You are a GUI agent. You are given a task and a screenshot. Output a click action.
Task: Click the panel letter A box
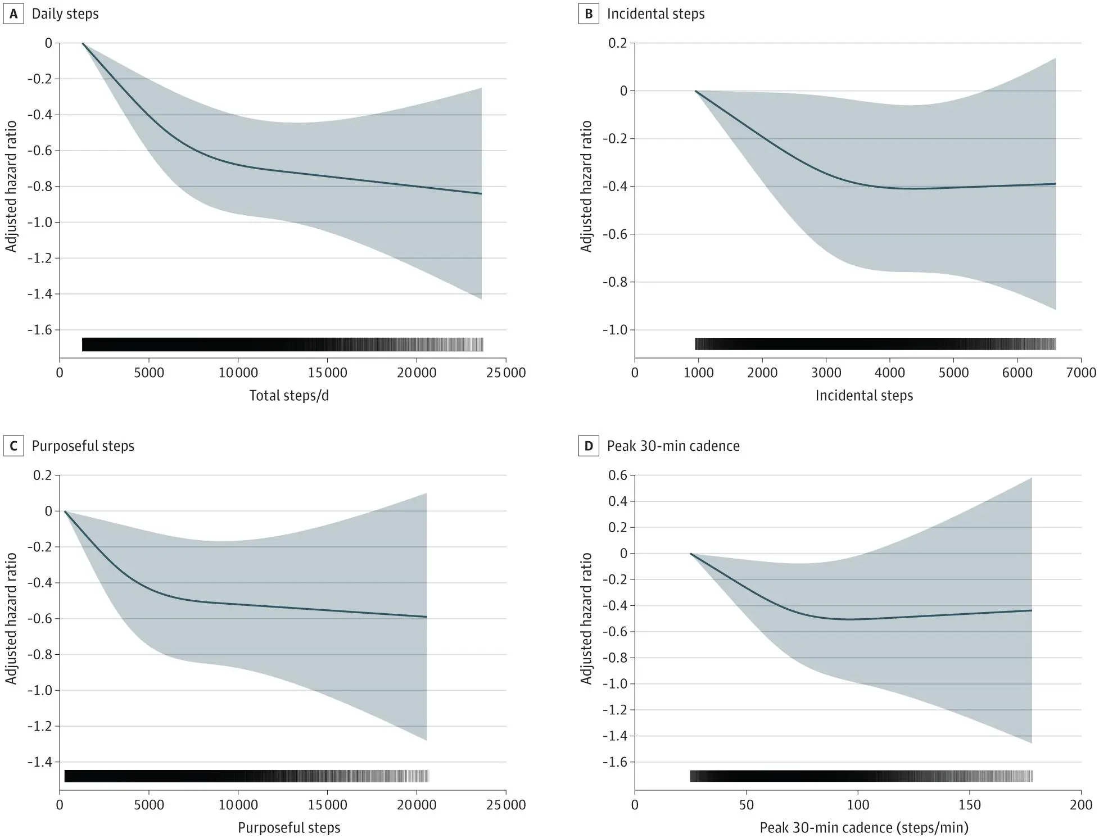pos(13,14)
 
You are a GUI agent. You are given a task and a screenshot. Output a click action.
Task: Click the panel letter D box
pos(589,446)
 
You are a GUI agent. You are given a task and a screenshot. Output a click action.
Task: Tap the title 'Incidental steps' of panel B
pos(655,14)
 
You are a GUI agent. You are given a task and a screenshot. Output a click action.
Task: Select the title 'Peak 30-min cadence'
pos(673,446)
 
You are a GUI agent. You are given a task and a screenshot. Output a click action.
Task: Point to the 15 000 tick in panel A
pos(327,373)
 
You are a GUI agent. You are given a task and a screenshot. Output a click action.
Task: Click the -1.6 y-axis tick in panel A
pos(40,330)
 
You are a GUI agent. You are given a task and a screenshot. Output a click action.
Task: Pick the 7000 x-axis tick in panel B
pos(1080,373)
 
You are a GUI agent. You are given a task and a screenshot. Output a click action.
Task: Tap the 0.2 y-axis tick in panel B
pos(617,43)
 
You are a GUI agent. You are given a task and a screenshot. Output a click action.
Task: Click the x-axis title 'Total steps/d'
pos(289,396)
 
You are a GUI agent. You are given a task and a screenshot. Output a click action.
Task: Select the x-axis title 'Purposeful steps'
pos(289,828)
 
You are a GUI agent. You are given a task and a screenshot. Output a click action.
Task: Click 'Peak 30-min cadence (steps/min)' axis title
pos(864,828)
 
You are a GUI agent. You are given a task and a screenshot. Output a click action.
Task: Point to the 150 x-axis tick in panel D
pos(969,805)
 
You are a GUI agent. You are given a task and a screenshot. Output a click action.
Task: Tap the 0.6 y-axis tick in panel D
pos(617,475)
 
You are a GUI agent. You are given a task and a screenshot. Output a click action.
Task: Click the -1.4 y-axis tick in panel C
pos(40,762)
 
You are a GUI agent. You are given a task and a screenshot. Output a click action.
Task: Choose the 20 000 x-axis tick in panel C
pos(417,805)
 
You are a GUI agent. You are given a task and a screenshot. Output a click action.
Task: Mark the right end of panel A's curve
pos(481,194)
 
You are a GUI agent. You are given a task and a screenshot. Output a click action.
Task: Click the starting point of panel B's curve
pos(695,91)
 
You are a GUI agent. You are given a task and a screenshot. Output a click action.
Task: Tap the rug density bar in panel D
pos(861,776)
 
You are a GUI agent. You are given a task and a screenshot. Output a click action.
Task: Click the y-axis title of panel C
pos(11,618)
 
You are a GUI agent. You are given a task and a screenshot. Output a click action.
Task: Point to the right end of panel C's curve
pos(427,617)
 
